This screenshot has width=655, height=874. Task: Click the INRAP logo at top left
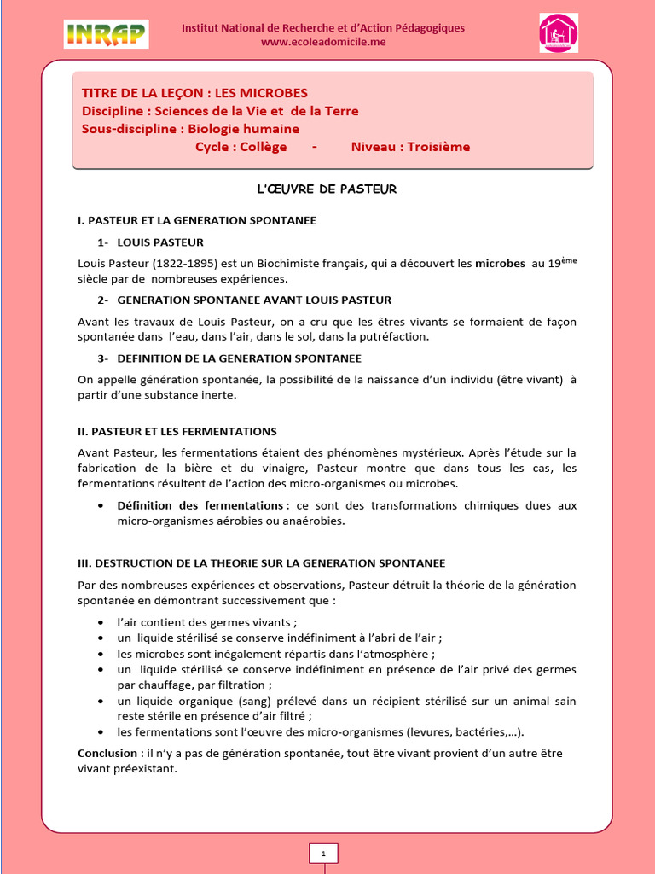pos(106,34)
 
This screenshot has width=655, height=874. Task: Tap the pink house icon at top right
pos(558,32)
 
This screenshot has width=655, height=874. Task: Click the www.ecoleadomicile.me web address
pos(323,42)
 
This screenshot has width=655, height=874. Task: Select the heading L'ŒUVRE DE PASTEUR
pos(327,189)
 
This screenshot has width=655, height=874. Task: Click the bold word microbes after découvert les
pos(500,265)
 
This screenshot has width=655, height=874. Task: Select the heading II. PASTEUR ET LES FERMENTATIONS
pos(177,432)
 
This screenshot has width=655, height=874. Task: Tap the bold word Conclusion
pos(107,754)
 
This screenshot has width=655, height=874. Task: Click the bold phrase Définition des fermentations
pos(200,505)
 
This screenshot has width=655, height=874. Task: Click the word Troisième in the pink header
pos(438,147)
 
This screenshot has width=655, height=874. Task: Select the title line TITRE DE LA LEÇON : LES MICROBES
pos(194,92)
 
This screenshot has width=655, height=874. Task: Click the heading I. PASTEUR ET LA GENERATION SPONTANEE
pos(197,220)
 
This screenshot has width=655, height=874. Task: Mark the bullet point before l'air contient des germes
pos(101,622)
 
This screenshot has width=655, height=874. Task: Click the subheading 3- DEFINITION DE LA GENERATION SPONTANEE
pos(229,358)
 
